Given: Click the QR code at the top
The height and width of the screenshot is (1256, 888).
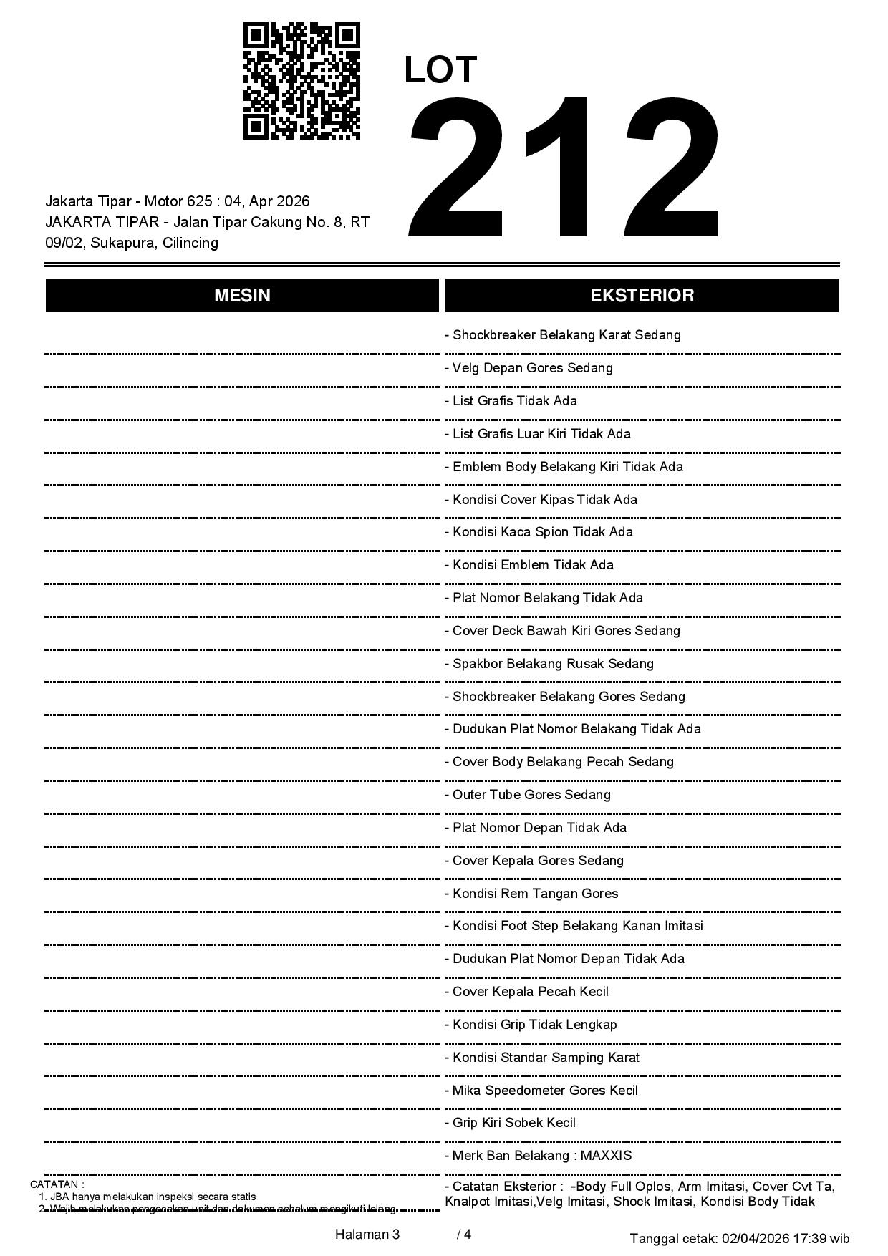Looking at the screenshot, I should tap(301, 81).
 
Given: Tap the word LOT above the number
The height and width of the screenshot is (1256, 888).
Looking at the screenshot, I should tap(440, 70).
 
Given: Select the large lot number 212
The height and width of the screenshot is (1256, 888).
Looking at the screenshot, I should tap(564, 166).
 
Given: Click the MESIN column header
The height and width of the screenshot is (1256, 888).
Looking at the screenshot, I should tap(242, 295).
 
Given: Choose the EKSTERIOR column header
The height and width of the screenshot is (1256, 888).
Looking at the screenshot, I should tap(642, 295).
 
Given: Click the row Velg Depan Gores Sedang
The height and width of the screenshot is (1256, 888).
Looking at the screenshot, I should tap(532, 368).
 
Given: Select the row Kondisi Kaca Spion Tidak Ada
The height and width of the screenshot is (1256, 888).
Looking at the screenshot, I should tap(542, 532).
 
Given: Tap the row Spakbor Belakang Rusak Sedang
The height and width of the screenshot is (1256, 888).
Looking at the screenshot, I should tap(552, 664).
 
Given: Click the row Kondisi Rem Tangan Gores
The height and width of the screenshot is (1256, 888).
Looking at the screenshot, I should tap(535, 894).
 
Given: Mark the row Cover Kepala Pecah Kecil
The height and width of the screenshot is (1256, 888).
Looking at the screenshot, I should tap(530, 992).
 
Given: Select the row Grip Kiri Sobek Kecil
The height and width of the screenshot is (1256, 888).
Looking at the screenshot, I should tap(513, 1123).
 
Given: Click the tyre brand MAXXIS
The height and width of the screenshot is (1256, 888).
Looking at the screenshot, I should tap(606, 1156).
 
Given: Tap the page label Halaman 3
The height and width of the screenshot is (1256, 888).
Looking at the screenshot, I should tap(367, 1235).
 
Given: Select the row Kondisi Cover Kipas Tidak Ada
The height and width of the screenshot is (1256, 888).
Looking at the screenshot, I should tap(544, 500).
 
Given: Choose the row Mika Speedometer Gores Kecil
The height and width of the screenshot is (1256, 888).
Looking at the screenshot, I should tap(545, 1091).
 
